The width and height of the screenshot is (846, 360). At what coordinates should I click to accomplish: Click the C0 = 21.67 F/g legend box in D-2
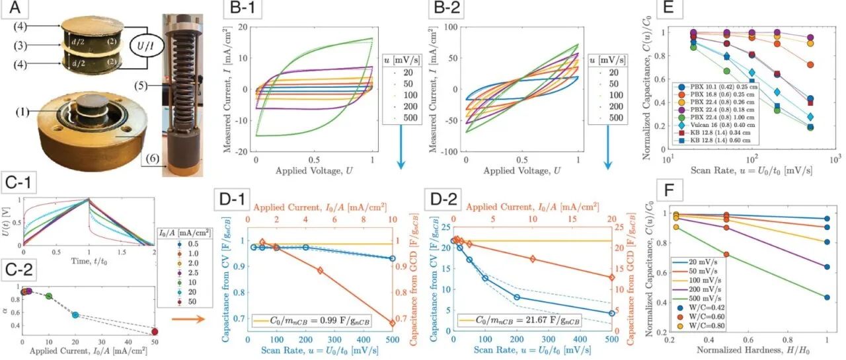pos(529,320)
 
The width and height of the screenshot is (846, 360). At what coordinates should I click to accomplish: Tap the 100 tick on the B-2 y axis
pos(451,28)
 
